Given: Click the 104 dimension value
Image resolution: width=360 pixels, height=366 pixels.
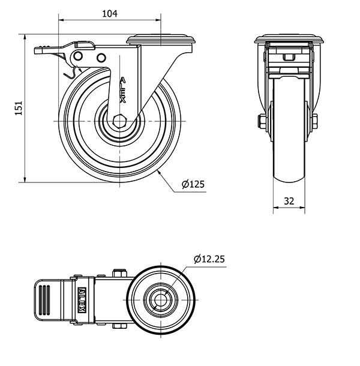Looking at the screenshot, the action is (x=110, y=14).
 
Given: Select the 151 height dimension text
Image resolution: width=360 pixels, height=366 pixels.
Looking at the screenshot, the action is (x=19, y=108).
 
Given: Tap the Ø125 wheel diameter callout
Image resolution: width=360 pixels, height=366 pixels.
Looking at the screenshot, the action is (x=193, y=184).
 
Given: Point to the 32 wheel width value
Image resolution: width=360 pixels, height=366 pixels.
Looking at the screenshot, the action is (x=289, y=201).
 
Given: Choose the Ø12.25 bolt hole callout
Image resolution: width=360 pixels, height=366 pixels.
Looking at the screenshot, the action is (x=209, y=259).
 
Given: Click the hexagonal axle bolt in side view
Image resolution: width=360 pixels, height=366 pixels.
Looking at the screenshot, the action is (x=119, y=121).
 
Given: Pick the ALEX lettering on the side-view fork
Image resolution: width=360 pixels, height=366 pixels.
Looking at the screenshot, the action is (x=123, y=90).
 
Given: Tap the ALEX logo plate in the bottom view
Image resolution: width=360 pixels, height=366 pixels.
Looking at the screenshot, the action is (x=82, y=300).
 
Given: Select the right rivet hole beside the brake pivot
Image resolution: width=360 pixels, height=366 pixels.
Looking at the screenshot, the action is (x=101, y=58).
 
